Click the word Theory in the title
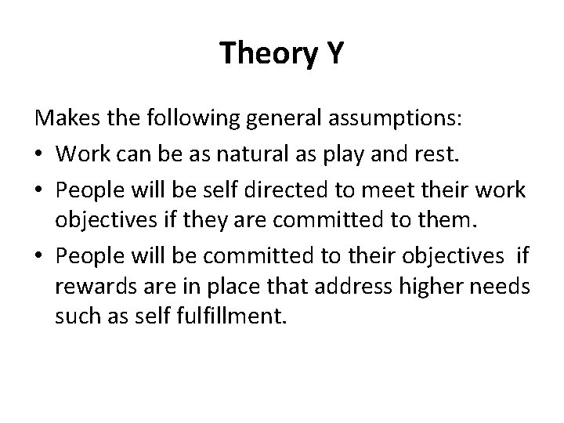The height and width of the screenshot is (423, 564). [x=263, y=53]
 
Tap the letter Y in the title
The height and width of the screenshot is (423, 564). [x=331, y=53]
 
